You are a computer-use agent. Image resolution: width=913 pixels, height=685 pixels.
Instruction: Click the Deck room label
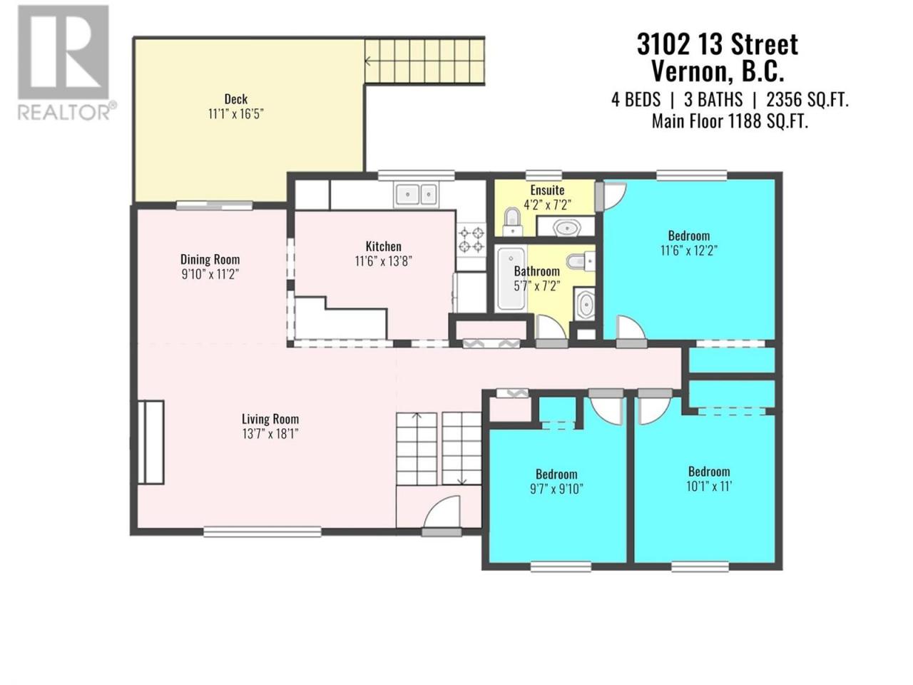[236, 99]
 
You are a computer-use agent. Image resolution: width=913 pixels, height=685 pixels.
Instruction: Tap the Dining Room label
[210, 260]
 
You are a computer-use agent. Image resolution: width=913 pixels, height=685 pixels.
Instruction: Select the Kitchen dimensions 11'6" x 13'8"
[383, 261]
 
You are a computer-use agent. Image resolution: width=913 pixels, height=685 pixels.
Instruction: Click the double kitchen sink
[416, 194]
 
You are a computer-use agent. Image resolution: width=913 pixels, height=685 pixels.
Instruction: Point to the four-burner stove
[471, 240]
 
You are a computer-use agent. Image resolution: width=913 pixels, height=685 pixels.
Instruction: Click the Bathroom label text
[536, 271]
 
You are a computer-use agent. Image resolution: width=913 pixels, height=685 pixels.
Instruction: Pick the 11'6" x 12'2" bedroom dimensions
[688, 250]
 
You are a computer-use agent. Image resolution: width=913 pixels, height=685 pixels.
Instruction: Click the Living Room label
[270, 419]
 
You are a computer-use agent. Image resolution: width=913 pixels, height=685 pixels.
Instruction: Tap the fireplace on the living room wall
[151, 442]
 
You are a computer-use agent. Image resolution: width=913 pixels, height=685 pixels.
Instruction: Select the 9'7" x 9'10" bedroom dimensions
[556, 489]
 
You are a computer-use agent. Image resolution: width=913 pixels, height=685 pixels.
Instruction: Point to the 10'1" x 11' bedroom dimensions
[709, 486]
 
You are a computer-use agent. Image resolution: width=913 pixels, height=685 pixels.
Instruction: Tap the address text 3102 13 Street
[717, 44]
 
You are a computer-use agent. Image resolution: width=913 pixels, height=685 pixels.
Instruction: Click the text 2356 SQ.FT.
[807, 100]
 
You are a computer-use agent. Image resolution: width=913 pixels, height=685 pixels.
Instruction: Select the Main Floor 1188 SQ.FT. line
[730, 121]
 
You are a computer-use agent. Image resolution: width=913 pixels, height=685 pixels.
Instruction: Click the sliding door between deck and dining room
[215, 205]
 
